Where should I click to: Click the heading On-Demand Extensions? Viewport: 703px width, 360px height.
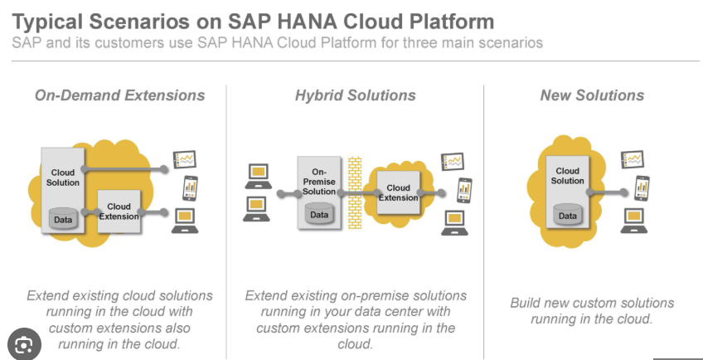coord(119,95)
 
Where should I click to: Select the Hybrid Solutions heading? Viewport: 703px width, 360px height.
coord(355,95)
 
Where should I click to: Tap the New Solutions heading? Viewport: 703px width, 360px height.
coord(592,95)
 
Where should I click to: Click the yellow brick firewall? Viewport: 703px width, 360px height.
coord(355,192)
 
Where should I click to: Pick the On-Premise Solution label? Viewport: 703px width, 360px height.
coord(319,182)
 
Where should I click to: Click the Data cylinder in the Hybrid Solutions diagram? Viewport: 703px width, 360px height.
coord(319,214)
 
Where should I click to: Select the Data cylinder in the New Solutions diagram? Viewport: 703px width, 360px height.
coord(568,215)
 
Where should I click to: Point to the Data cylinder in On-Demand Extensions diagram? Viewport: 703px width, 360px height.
coord(63,219)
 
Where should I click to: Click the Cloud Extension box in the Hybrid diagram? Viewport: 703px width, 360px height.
coord(398,192)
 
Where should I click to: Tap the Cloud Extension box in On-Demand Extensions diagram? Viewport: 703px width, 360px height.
coord(119,212)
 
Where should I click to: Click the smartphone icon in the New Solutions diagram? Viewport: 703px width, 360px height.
coord(642,188)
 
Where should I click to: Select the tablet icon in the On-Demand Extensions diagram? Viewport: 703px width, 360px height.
coord(185,159)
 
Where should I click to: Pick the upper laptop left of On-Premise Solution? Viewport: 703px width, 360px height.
coord(259,176)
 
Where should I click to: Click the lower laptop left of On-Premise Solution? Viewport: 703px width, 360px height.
coord(256,209)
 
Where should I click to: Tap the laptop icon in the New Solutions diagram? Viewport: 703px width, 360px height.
coord(634,221)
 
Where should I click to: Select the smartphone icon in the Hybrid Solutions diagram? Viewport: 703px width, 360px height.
coord(464,190)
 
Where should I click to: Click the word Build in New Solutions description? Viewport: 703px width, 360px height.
coord(526,303)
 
